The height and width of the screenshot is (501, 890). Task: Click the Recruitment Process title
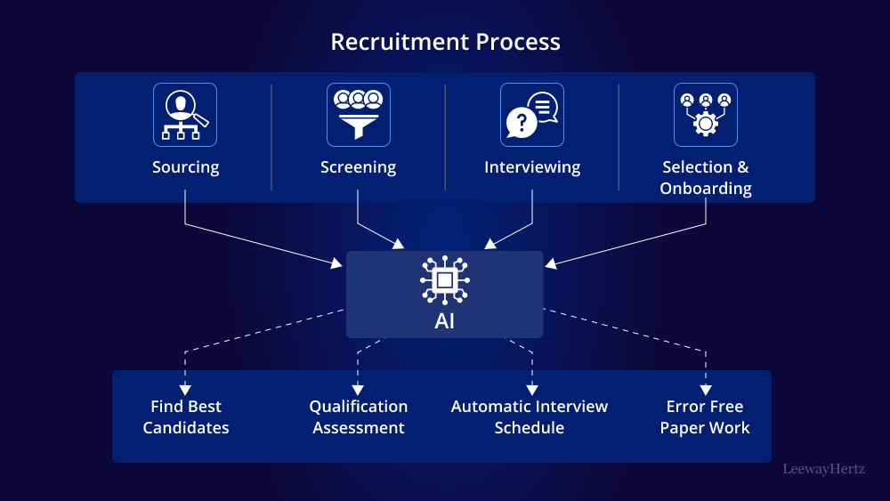pos(445,42)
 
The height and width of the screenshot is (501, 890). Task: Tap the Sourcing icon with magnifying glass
pos(185,115)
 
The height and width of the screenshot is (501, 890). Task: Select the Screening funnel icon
pos(359,115)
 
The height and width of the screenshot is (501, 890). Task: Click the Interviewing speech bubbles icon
pos(532,115)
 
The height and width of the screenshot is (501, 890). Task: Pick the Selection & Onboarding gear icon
pos(706,115)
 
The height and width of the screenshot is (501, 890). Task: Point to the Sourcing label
pos(185,167)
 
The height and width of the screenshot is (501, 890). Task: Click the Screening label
pos(359,167)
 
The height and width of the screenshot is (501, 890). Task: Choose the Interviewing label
pos(532,167)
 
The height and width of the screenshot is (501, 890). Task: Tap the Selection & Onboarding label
pos(706,178)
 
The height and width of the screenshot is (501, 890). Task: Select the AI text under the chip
pos(445,321)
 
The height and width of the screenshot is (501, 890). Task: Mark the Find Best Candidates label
pos(186,417)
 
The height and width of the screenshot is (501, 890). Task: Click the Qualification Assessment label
pos(359,417)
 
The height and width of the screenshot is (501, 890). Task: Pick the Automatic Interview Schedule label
pos(530,417)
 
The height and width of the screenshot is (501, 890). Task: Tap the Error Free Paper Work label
pos(705,417)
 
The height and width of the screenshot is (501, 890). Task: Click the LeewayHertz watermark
pos(823,468)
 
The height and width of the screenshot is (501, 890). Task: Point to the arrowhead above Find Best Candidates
pos(185,389)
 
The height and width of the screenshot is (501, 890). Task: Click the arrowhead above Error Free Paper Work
pos(706,389)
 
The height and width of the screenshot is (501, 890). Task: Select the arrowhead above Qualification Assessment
pos(358,389)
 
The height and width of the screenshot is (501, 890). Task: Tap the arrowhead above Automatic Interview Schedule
pos(532,389)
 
